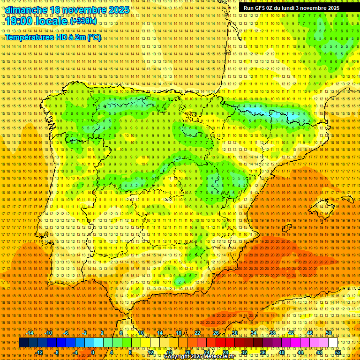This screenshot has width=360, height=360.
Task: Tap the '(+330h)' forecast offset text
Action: click(x=84, y=21)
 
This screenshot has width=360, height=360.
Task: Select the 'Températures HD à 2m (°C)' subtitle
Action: click(x=53, y=37)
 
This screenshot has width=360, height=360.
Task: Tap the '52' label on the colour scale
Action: click(x=337, y=352)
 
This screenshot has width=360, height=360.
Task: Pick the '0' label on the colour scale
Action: click(x=93, y=352)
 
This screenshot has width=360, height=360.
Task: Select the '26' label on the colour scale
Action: click(x=216, y=333)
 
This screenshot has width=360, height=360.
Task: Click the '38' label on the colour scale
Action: click(x=272, y=333)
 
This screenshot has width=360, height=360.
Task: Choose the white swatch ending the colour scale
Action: click(x=333, y=343)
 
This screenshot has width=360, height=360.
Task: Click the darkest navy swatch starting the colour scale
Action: click(x=23, y=343)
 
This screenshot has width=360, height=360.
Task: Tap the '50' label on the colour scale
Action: click(x=329, y=333)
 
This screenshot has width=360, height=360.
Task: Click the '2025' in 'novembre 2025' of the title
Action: click(x=119, y=10)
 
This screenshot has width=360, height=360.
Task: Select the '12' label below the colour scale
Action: click(x=150, y=352)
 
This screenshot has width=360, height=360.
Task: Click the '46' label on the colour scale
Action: click(x=309, y=333)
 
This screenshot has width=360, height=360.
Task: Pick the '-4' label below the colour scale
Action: click(x=75, y=352)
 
